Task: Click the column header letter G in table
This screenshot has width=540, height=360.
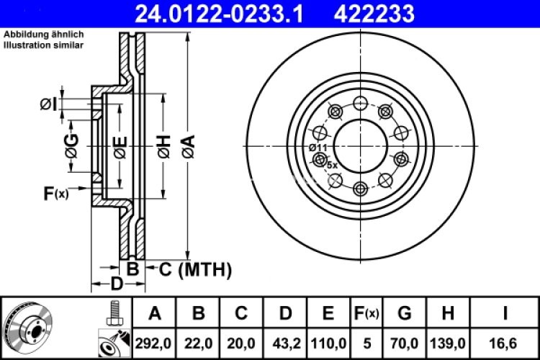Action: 404,313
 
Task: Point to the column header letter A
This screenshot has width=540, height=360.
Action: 153,313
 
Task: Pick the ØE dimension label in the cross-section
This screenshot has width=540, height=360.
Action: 120,147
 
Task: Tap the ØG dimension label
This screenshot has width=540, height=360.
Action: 71,147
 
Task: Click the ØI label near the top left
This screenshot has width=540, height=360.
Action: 48,105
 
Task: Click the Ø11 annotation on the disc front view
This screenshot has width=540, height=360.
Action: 318,147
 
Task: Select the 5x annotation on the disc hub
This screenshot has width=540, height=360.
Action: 332,165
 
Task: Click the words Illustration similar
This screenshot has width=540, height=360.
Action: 43,45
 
